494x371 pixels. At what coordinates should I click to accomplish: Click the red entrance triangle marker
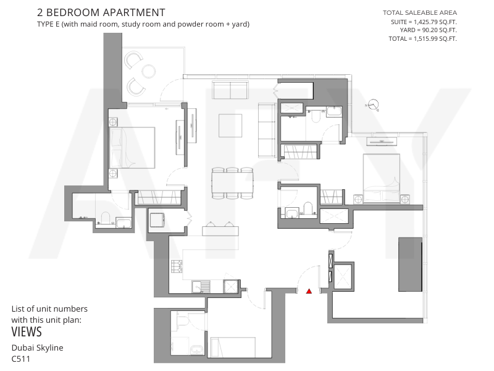(309, 291)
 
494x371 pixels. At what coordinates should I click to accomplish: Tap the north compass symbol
(373, 105)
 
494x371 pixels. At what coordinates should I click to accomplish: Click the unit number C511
(21, 359)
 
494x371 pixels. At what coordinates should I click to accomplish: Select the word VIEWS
(27, 332)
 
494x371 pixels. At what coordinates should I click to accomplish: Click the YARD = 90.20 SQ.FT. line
(428, 30)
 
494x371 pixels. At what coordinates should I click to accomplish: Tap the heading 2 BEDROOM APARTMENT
(101, 12)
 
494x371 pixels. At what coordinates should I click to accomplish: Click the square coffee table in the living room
(230, 126)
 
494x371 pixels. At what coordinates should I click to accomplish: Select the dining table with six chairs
(233, 183)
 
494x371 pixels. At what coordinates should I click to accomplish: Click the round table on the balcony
(148, 71)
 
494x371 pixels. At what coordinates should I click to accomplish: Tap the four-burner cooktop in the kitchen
(177, 267)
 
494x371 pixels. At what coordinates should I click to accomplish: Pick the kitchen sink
(201, 286)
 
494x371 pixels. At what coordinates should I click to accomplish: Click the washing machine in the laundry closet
(157, 220)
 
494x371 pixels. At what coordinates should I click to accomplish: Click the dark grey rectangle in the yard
(410, 265)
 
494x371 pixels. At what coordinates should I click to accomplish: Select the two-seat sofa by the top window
(230, 90)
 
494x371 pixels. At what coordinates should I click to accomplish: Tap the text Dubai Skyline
(38, 348)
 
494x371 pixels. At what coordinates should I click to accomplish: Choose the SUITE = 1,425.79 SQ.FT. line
(424, 22)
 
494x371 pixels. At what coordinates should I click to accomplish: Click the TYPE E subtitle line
(143, 24)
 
